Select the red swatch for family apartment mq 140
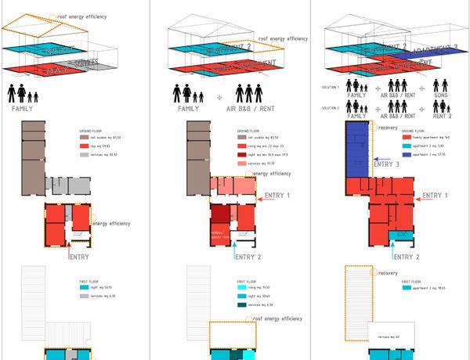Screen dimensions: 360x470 (x=407, y=137)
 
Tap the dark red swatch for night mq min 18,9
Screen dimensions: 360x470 (x=242, y=154)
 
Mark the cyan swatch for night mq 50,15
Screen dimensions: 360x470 (x=84, y=287)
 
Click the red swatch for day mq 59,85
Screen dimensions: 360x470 (x=84, y=146)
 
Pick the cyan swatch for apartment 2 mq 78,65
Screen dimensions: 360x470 (x=406, y=287)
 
